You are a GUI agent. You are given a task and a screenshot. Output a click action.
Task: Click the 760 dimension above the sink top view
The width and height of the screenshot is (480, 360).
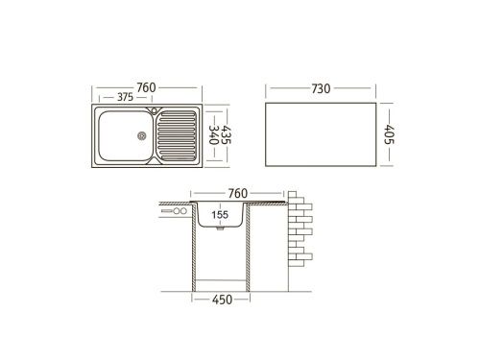(x=146, y=88)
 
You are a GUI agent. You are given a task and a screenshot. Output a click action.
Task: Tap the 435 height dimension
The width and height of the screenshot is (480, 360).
(x=227, y=133)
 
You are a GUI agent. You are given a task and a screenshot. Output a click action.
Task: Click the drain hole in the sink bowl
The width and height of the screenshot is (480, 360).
(x=142, y=134)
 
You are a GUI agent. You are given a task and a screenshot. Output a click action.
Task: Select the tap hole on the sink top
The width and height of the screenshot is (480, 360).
(x=153, y=112)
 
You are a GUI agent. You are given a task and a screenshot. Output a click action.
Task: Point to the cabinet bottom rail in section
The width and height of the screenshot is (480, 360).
(x=222, y=281)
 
